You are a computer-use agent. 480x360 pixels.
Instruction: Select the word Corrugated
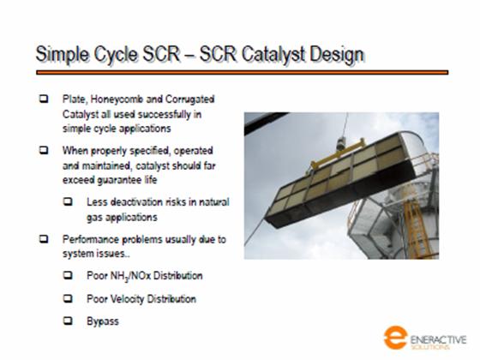click(189, 99)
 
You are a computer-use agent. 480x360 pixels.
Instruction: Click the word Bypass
click(103, 321)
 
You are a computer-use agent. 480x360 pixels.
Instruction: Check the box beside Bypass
click(68, 321)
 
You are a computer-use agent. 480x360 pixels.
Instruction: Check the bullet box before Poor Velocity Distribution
click(68, 298)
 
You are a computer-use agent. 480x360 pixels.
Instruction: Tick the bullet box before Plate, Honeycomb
click(44, 99)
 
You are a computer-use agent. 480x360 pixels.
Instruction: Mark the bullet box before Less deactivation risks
click(68, 201)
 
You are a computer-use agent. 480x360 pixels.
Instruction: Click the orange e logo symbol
click(395, 338)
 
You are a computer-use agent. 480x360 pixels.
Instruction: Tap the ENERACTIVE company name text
click(438, 340)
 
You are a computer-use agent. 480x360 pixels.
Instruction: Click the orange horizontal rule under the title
click(242, 73)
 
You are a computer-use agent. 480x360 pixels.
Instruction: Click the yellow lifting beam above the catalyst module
click(338, 153)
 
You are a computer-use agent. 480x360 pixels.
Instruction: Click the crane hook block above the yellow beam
click(341, 144)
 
